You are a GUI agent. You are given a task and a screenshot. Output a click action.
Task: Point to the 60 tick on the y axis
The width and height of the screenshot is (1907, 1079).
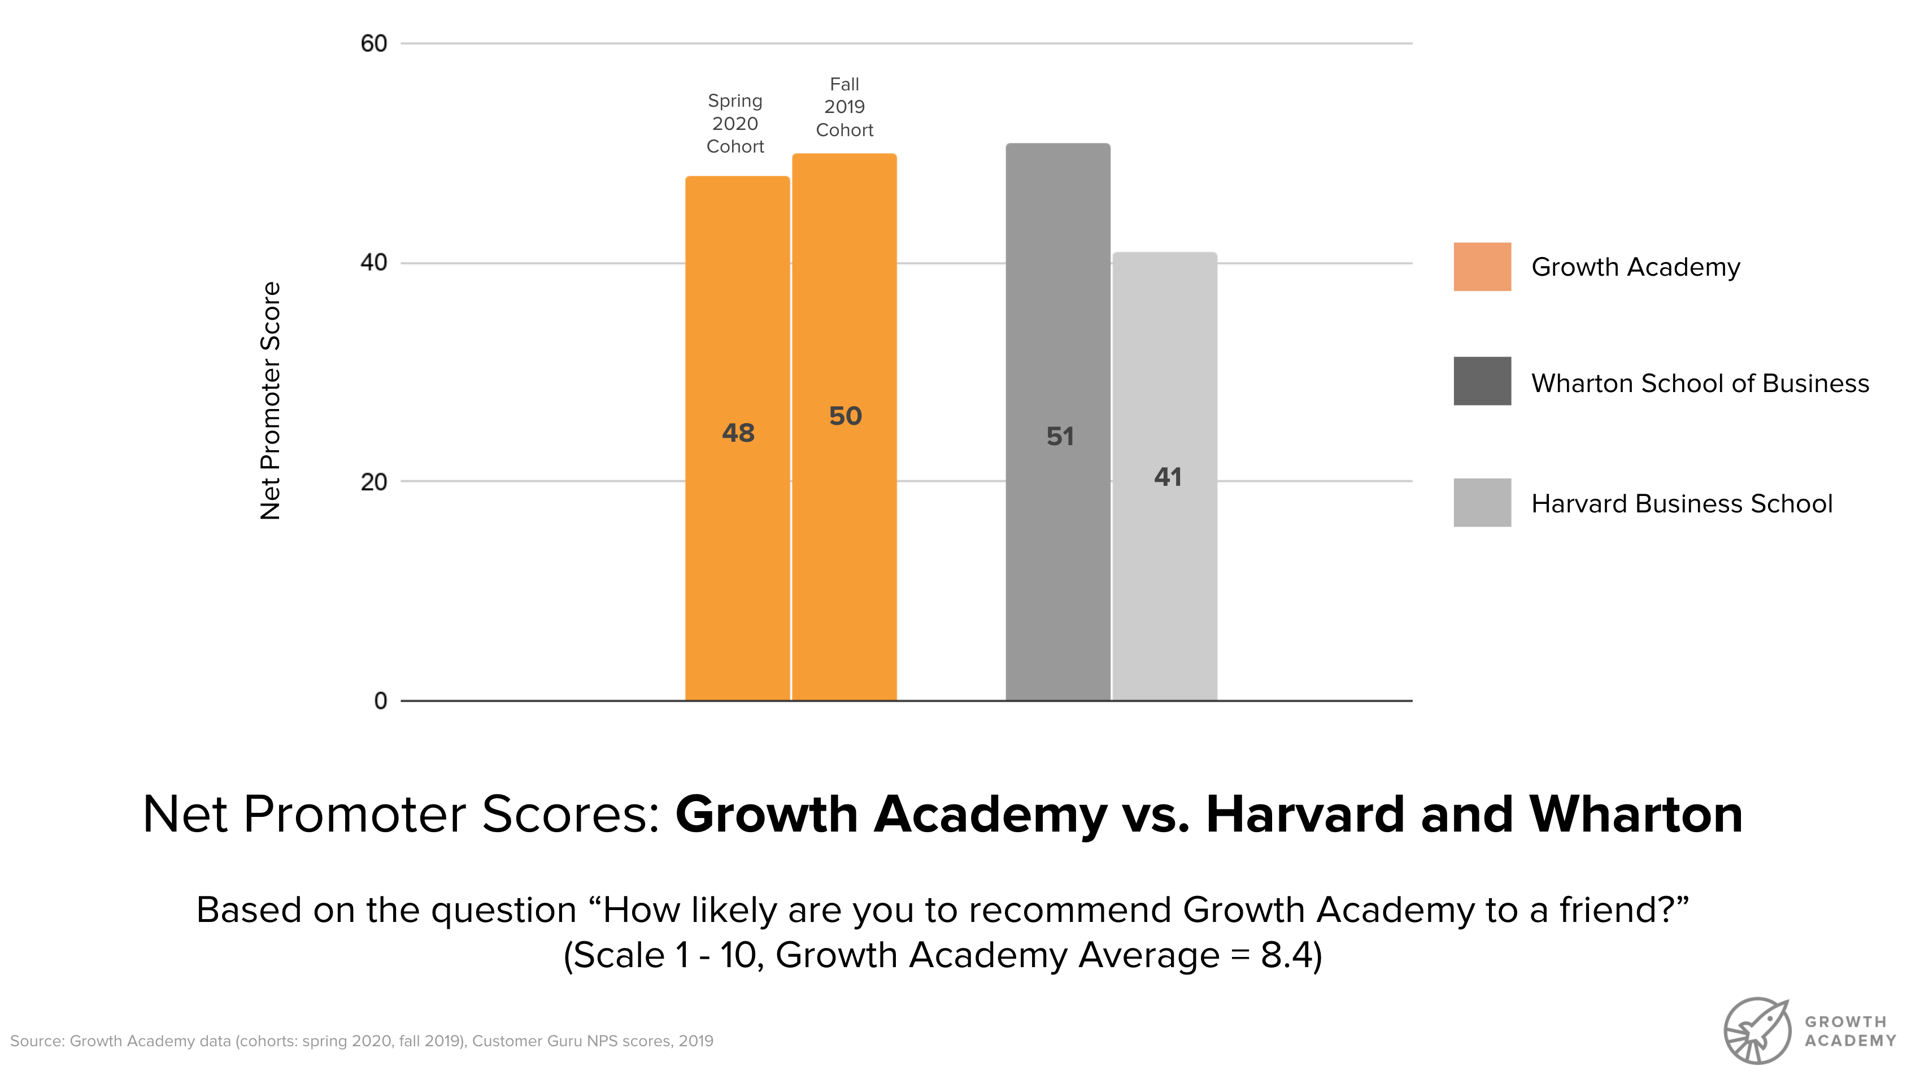click(373, 43)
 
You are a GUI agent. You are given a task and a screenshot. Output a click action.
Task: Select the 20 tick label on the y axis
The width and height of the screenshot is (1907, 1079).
click(373, 482)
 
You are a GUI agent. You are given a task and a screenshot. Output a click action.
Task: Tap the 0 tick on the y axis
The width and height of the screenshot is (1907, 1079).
click(380, 701)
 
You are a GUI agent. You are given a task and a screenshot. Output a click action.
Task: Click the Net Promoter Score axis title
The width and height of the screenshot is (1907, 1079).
click(271, 400)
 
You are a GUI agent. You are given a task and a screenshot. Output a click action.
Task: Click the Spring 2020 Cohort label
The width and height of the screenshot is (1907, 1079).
click(735, 123)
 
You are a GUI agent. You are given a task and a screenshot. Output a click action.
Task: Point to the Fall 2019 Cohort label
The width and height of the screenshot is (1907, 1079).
click(844, 107)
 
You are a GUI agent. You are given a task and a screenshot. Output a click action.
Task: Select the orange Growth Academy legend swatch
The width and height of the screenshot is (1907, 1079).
click(1482, 267)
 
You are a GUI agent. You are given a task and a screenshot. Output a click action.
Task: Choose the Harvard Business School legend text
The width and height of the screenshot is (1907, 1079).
click(1681, 504)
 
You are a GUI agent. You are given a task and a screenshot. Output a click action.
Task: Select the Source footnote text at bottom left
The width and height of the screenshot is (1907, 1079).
click(362, 1041)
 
